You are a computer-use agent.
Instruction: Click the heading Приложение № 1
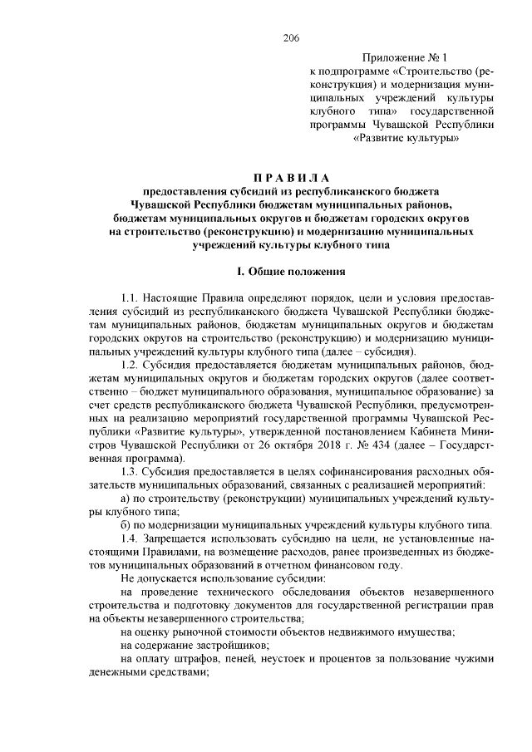[405, 59]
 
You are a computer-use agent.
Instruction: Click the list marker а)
[126, 499]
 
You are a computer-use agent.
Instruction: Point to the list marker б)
[126, 526]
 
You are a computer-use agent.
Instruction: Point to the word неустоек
[293, 660]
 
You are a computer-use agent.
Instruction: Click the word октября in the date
[267, 445]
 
